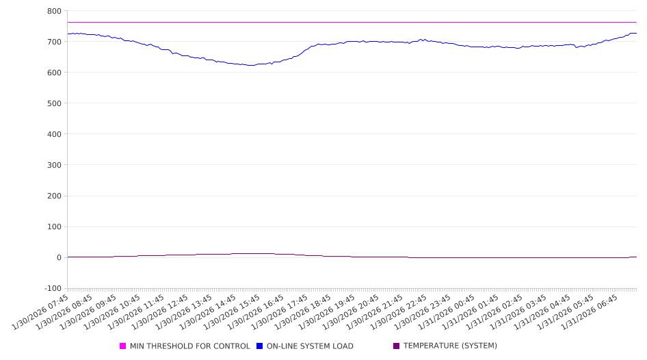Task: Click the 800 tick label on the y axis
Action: (54, 11)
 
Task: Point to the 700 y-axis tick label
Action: (54, 42)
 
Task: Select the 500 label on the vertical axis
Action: (54, 103)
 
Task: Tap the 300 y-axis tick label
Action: (54, 165)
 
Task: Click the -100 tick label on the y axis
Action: (53, 288)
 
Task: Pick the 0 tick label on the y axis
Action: (59, 257)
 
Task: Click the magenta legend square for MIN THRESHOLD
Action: (123, 346)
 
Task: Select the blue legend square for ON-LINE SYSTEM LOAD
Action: (260, 346)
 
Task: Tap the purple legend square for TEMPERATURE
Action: (397, 346)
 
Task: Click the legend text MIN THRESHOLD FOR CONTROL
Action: (189, 346)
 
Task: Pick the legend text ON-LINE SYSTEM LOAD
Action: (310, 346)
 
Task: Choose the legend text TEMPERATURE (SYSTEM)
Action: (450, 346)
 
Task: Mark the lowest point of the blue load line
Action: (251, 66)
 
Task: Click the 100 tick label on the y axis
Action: (54, 227)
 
